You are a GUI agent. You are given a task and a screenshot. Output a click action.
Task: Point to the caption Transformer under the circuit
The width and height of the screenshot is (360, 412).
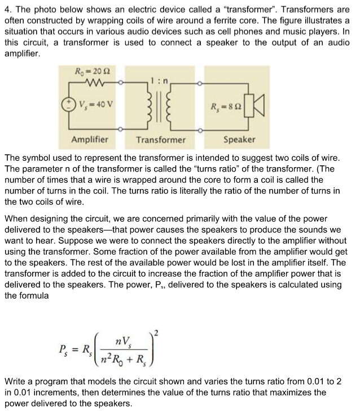[161, 139]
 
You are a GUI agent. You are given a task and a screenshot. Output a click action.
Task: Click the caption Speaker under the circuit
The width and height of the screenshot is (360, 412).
[239, 139]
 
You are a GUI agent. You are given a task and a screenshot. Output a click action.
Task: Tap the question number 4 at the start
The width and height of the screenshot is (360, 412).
[8, 8]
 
